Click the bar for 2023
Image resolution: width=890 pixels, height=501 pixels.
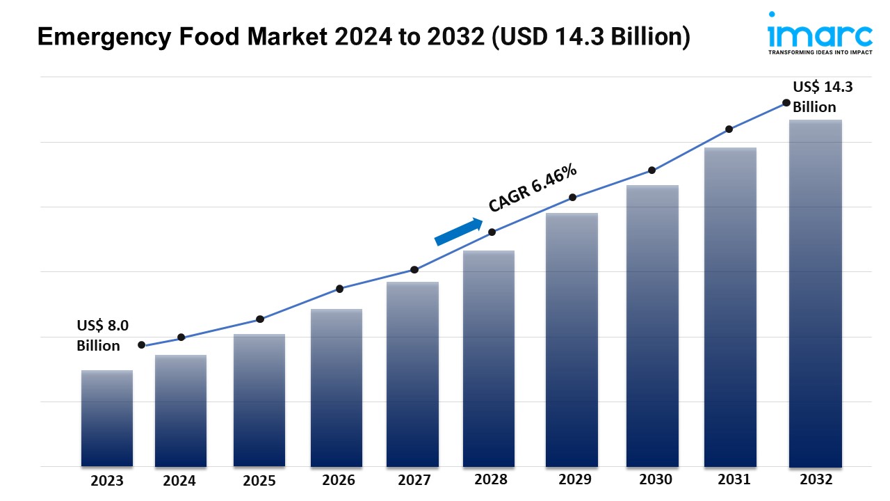coord(107,418)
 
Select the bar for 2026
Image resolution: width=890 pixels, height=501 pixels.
coord(337,388)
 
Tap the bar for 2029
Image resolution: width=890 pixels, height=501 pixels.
coord(572,340)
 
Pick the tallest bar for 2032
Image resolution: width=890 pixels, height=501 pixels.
coord(816,293)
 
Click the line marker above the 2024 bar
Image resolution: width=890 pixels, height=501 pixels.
coord(181,337)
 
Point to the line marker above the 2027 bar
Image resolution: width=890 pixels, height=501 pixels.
coord(414,269)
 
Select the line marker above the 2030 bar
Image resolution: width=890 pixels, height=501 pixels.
coord(652,170)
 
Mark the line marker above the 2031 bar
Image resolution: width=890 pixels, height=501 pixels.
coord(729,129)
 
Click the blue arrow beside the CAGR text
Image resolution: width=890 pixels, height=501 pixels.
coord(458,232)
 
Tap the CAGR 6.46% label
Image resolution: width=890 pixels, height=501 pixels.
coord(532,188)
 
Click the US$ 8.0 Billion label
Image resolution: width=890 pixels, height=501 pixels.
coord(102,335)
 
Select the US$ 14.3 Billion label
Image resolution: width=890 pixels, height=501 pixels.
coord(823,97)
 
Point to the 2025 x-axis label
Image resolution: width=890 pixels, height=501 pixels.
coord(259,481)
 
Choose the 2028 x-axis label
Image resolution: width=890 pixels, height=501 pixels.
coord(491,480)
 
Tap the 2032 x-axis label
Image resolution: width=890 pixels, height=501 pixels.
coord(816,480)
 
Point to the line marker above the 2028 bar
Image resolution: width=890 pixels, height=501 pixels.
coord(492,232)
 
